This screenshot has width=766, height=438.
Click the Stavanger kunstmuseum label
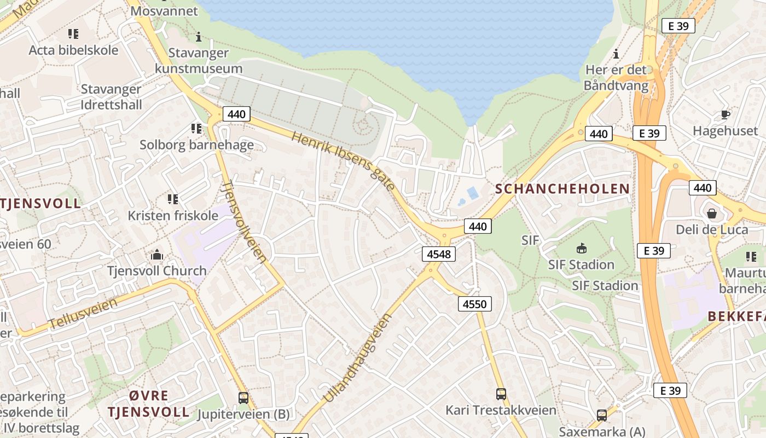(x=198, y=61)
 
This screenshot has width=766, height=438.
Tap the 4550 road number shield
(x=474, y=304)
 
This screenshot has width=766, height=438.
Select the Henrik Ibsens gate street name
(x=343, y=161)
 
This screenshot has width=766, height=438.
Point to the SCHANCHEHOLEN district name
(x=562, y=189)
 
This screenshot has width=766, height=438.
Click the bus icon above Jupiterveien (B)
(x=243, y=398)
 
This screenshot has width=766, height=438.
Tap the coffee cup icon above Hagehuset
(x=726, y=115)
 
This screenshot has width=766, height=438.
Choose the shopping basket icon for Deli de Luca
(x=712, y=213)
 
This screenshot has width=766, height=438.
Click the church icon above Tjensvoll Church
(x=157, y=255)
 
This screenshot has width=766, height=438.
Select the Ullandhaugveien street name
(x=358, y=358)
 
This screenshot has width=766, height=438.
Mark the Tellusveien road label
(x=83, y=313)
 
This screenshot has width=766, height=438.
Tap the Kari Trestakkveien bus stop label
(x=501, y=410)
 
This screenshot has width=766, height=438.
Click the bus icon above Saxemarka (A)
(x=602, y=416)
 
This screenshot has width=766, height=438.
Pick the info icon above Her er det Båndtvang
(x=616, y=54)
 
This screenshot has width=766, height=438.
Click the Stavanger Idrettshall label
(x=111, y=97)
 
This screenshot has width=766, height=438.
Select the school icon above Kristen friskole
(x=173, y=199)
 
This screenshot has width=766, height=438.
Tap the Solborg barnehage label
(x=196, y=145)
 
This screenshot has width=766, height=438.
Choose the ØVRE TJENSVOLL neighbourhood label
(x=148, y=404)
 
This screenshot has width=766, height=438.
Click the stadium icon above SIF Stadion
(x=581, y=249)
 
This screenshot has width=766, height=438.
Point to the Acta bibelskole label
(x=73, y=50)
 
